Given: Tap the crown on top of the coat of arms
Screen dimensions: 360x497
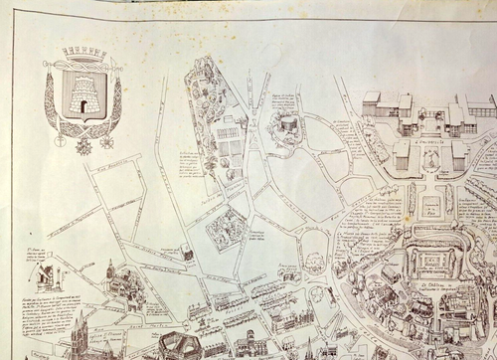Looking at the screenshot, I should click(83, 54).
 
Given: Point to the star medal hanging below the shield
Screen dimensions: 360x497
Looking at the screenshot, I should click(83, 145).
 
